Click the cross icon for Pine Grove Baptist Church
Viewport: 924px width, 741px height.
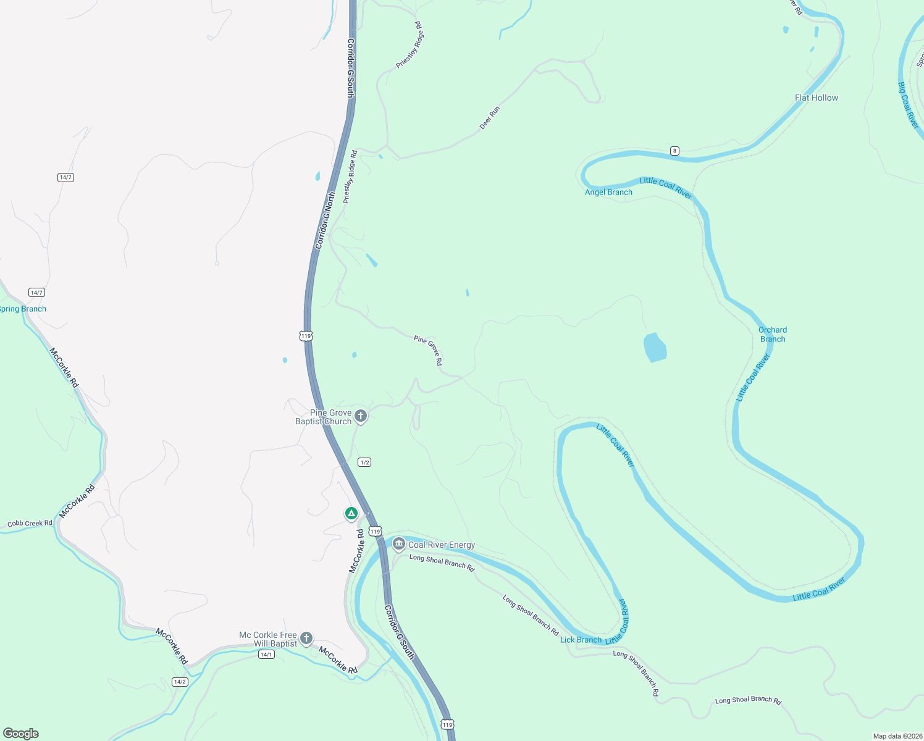(x=361, y=416)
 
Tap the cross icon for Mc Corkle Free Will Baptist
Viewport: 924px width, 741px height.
(x=306, y=638)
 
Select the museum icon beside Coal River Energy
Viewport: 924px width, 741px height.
(x=398, y=544)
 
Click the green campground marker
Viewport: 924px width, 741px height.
(x=351, y=513)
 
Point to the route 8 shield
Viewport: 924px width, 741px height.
(x=674, y=151)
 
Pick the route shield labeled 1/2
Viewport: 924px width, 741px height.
(x=364, y=463)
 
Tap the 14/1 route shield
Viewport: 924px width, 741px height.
(x=266, y=655)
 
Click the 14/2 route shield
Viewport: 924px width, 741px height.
(x=180, y=682)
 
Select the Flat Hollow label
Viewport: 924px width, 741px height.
(x=816, y=98)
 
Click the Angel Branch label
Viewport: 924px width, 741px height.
(x=608, y=192)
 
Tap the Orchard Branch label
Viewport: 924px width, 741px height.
(x=773, y=334)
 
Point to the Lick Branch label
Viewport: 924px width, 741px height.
(x=581, y=640)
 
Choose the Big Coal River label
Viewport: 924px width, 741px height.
(x=909, y=106)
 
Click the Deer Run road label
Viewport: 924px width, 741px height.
(x=490, y=117)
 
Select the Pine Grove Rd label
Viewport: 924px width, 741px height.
(x=429, y=350)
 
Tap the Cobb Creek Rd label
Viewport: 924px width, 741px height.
(x=30, y=524)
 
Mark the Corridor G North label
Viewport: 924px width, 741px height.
(x=325, y=220)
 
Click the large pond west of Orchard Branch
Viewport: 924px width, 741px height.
(x=655, y=347)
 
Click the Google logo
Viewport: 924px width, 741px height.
(x=20, y=734)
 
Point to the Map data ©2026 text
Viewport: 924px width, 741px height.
(x=897, y=736)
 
